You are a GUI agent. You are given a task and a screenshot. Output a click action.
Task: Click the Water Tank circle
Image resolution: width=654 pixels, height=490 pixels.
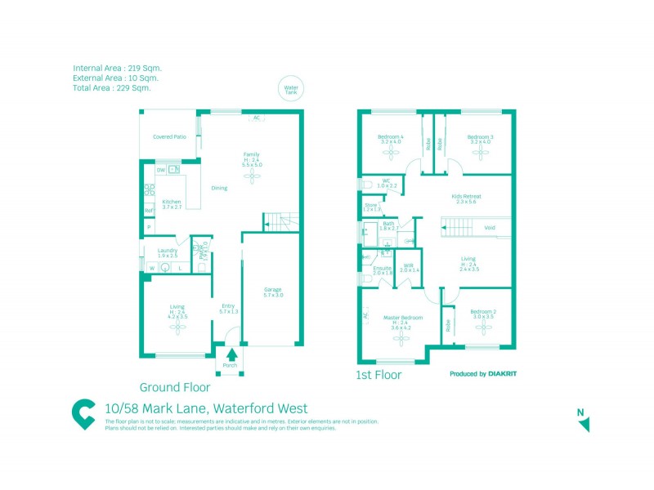[289, 89]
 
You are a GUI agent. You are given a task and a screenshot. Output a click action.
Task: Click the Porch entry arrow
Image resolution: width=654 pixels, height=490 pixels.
[231, 354]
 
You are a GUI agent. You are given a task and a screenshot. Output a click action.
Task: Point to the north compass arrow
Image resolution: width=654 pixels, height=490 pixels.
[584, 423]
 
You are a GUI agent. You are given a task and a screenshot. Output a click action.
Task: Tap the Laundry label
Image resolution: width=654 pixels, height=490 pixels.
[168, 252]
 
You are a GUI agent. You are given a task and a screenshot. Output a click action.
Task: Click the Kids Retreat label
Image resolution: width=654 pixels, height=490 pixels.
[467, 198]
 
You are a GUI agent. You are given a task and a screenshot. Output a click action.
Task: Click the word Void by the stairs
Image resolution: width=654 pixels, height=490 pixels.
[490, 228]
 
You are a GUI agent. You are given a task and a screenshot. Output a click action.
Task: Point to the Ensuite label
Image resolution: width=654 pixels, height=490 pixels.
[383, 268]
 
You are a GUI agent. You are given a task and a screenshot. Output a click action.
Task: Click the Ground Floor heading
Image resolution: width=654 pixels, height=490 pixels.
[175, 387]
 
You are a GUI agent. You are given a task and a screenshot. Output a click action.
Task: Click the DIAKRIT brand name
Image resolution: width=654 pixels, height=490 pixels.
[502, 374]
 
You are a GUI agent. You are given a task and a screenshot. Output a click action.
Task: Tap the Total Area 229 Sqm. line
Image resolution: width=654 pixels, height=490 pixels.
[111, 87]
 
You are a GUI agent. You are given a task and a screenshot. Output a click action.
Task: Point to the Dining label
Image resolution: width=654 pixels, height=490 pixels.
[219, 188]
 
